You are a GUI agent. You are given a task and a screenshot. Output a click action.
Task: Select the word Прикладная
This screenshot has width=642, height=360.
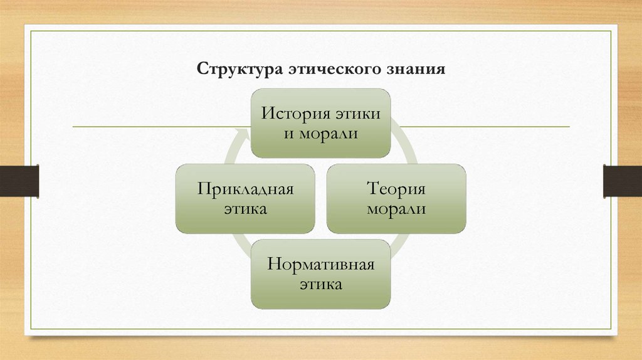point(245,189)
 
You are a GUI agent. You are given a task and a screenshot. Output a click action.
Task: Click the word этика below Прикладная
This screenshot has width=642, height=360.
point(245,209)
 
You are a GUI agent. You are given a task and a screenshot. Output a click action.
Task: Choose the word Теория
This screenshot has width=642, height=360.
point(396,189)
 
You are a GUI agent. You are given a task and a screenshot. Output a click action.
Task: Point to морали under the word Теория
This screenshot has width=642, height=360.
point(396,209)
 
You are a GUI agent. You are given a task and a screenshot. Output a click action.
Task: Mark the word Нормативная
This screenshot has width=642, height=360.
point(320,264)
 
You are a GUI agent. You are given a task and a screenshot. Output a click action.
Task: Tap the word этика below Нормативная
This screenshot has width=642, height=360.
point(320,285)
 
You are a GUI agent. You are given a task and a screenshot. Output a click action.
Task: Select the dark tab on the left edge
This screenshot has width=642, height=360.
point(19,180)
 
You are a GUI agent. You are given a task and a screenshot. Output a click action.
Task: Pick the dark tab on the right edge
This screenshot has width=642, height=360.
point(622,180)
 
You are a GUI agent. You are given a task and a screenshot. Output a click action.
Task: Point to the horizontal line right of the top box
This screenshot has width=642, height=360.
point(483,127)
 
